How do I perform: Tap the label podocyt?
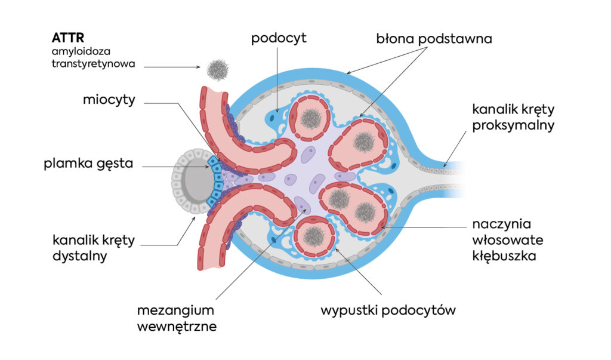(x=278, y=39)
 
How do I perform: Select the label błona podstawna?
(x=434, y=39)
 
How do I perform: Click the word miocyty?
(x=109, y=100)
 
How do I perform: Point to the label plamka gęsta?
(x=88, y=163)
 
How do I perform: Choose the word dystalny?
(x=78, y=257)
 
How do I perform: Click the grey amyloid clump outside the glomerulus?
(x=217, y=70)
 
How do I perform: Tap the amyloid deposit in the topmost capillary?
(x=310, y=119)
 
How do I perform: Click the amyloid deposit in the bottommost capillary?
(x=312, y=236)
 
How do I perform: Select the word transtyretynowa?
(x=94, y=63)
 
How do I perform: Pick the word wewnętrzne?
(x=177, y=327)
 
